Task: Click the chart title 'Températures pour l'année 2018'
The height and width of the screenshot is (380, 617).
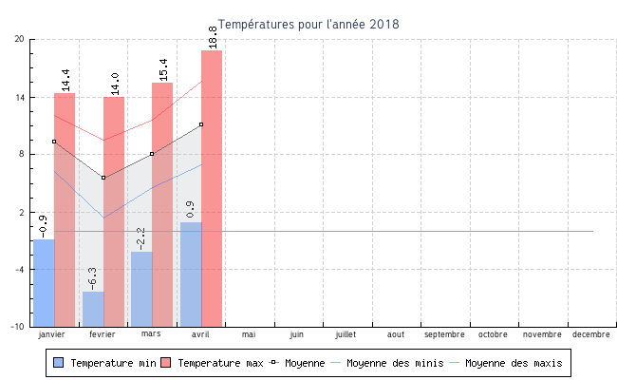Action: [x=308, y=24]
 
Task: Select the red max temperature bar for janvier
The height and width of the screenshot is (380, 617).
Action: [x=65, y=209]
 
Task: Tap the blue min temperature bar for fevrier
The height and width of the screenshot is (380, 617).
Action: [x=93, y=309]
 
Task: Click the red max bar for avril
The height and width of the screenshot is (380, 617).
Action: [x=212, y=190]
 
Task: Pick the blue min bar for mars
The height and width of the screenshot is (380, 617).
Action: [x=141, y=289]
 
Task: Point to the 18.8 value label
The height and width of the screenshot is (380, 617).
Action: [x=213, y=37]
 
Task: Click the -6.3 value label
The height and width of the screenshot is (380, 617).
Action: [x=92, y=278]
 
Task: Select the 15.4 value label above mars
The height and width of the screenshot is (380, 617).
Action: [x=163, y=69]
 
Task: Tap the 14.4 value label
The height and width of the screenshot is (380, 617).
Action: [x=65, y=80]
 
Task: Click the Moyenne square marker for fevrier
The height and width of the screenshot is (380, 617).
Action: [x=103, y=178]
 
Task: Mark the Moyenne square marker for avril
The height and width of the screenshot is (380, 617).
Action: [x=201, y=124]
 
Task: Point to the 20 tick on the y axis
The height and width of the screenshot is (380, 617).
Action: [x=19, y=39]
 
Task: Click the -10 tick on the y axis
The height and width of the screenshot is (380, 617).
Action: [x=17, y=327]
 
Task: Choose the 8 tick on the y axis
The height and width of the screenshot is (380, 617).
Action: [x=21, y=154]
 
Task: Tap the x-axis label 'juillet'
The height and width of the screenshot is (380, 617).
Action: [x=346, y=334]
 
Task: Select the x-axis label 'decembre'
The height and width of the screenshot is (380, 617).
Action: [x=590, y=334]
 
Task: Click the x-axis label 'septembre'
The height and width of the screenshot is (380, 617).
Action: [x=444, y=334]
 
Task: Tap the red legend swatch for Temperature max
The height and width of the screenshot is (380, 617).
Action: [x=166, y=363]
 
